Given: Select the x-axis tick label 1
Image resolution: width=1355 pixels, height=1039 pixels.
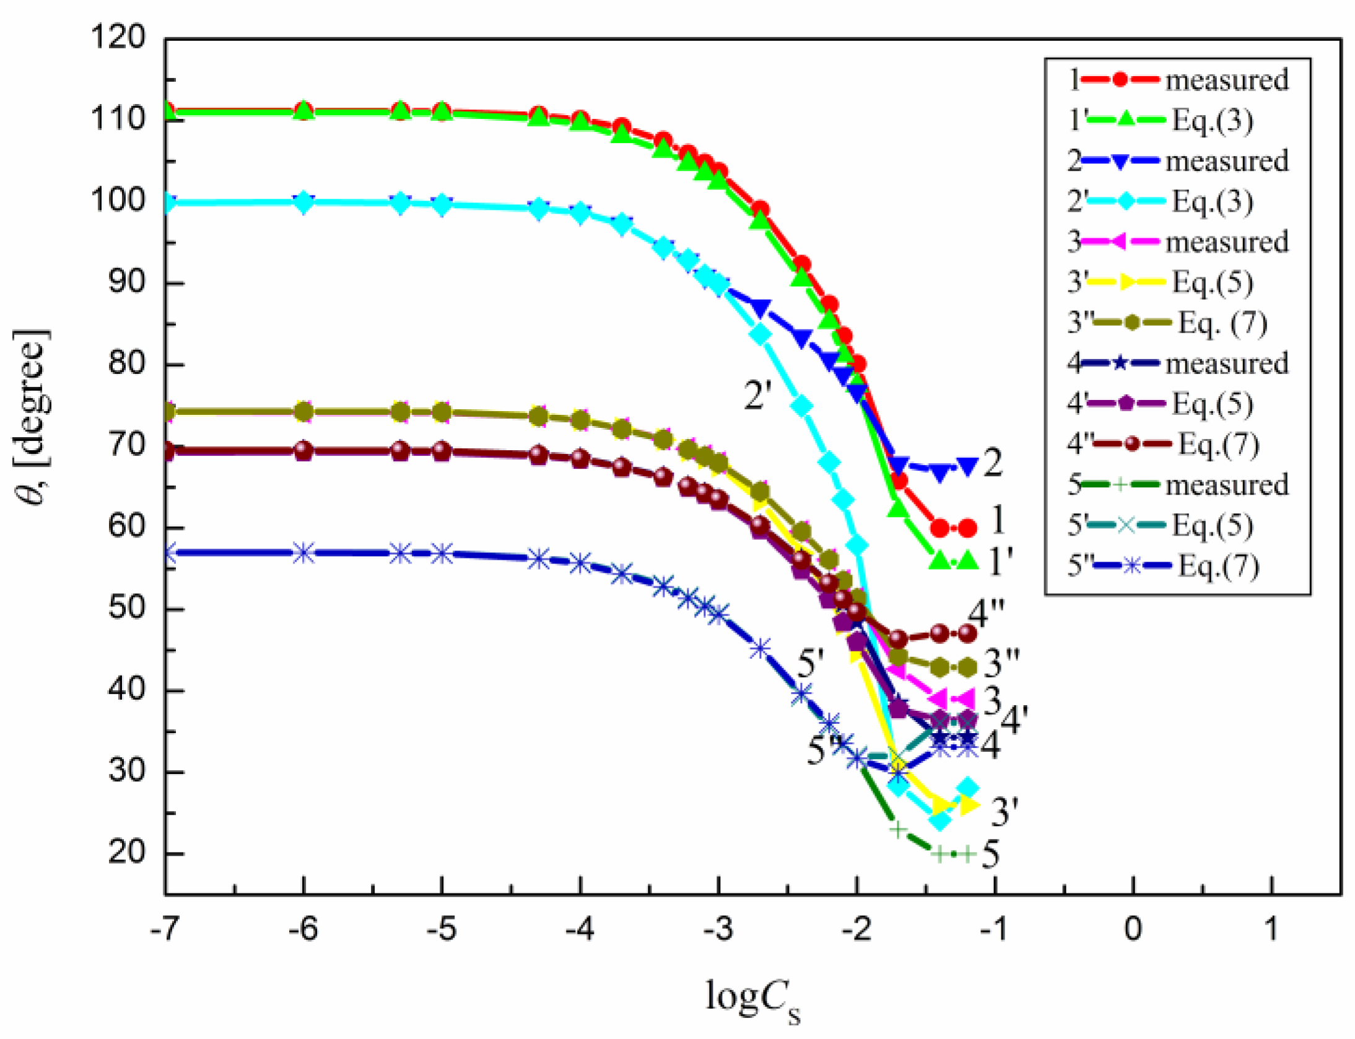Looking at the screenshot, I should point(1271,929).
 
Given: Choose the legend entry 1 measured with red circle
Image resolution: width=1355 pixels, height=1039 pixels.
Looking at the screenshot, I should point(1177,80).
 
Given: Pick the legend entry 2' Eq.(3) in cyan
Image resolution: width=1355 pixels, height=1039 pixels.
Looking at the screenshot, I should point(1158,201).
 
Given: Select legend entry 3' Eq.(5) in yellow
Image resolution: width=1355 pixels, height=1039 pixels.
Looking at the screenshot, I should point(1158,282).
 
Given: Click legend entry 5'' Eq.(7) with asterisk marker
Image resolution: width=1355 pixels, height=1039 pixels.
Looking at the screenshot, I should point(1161,565).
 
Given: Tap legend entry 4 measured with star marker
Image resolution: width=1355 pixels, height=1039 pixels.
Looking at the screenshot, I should point(1177,363).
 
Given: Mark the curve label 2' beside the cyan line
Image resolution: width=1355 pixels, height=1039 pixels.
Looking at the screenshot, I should point(757,395).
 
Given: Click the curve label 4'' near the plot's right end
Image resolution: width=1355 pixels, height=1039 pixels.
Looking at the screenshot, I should point(985,613).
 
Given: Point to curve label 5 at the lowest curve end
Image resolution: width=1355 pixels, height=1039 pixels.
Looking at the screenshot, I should point(990,854).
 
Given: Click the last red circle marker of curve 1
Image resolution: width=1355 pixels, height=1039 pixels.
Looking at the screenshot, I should point(967,528).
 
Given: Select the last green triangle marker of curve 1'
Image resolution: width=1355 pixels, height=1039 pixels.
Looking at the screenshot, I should point(967,561).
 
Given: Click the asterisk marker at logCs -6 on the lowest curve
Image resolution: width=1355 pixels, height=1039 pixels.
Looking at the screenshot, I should point(303,553).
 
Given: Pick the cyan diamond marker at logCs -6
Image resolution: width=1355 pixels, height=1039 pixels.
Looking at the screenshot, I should point(303,202).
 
